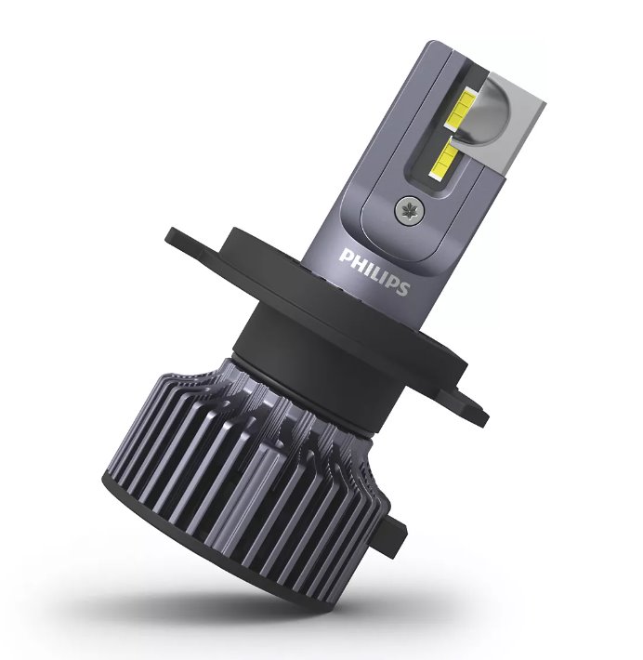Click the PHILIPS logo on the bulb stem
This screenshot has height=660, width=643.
pyautogui.click(x=374, y=271)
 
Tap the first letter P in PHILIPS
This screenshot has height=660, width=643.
pyautogui.click(x=346, y=256)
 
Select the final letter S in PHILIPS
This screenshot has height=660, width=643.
pyautogui.click(x=402, y=288)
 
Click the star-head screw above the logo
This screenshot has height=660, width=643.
pyautogui.click(x=409, y=209)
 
